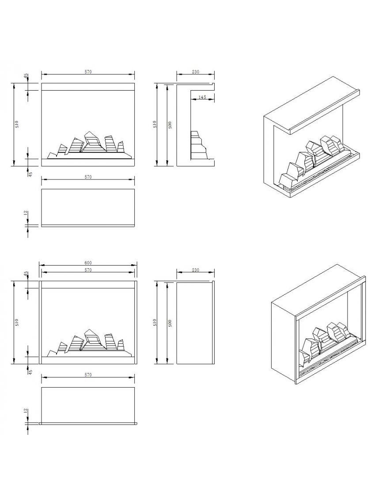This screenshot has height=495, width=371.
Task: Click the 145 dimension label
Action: point(202,97)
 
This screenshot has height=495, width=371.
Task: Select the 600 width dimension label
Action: point(88,263)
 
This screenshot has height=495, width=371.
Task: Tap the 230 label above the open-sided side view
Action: point(195,72)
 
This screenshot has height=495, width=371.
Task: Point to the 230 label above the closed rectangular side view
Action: point(195,270)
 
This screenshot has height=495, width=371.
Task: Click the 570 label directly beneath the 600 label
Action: point(88,270)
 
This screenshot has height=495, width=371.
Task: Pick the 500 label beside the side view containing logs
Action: point(170,125)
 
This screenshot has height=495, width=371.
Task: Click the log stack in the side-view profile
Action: point(198,145)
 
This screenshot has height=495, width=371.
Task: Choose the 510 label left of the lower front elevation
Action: point(17,322)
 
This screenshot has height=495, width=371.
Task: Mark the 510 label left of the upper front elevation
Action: point(17,124)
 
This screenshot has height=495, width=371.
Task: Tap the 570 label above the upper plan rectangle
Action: point(88,177)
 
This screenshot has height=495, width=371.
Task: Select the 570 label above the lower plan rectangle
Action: point(88,375)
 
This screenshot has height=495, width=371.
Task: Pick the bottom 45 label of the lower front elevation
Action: point(30,372)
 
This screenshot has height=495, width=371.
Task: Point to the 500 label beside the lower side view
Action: point(170,323)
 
